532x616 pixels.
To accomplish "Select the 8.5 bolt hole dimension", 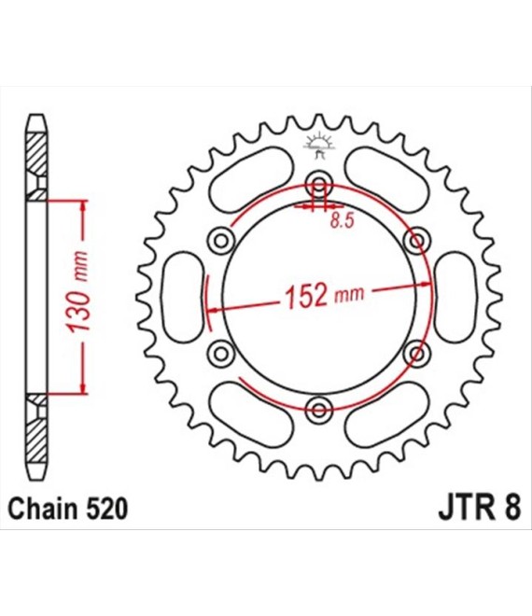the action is [x=342, y=220].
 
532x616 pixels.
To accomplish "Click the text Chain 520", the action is [x=67, y=509].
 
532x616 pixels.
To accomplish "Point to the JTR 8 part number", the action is [x=480, y=509].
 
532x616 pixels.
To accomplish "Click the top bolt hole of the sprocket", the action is [x=319, y=184].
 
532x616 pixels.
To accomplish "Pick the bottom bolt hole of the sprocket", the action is [x=319, y=410].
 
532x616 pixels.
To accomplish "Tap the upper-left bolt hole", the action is [x=221, y=241].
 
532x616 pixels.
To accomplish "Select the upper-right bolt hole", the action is [x=417, y=241].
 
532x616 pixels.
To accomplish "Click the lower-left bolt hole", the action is [x=221, y=354].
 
